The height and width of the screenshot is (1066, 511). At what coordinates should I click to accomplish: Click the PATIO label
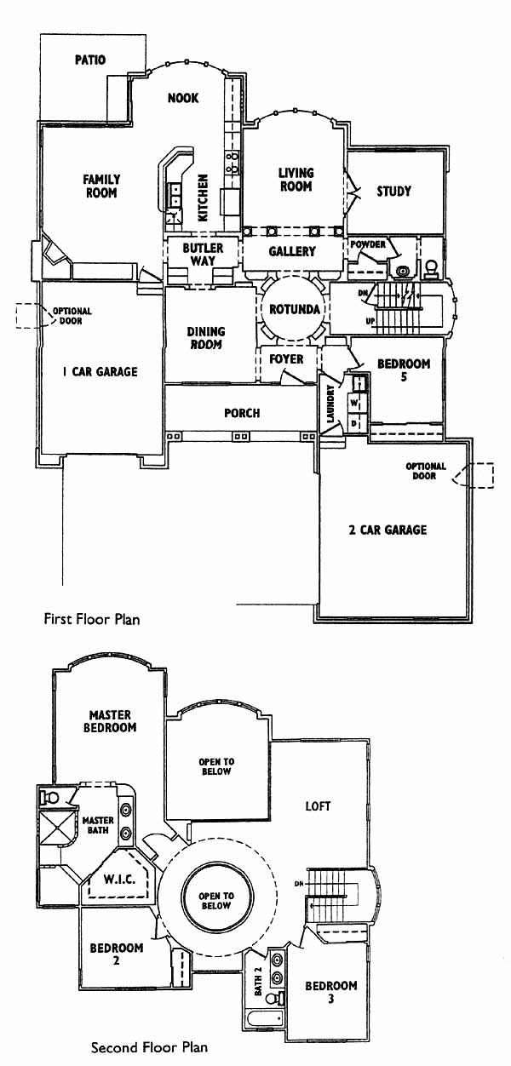click(x=90, y=60)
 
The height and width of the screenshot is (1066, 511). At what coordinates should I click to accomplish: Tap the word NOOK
click(x=183, y=98)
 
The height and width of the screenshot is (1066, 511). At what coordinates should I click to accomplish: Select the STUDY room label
click(x=393, y=192)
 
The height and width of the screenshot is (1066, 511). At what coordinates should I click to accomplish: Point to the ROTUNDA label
click(x=295, y=309)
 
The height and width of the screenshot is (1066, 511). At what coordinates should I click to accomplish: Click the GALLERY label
click(x=292, y=251)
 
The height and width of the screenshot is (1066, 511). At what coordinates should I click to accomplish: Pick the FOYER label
click(x=286, y=358)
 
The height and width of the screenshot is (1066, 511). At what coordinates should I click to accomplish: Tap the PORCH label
click(x=242, y=413)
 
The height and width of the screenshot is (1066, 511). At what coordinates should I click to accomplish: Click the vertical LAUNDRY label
click(x=331, y=404)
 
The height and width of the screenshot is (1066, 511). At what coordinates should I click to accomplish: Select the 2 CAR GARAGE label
click(x=388, y=530)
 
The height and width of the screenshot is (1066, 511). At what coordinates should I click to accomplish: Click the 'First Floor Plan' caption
click(x=92, y=619)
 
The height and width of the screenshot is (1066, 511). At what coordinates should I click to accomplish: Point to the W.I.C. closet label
click(x=119, y=879)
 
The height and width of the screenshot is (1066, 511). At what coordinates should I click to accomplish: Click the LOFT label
click(x=318, y=806)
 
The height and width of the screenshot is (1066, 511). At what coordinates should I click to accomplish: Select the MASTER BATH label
click(x=98, y=826)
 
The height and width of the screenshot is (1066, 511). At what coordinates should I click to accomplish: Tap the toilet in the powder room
click(x=432, y=268)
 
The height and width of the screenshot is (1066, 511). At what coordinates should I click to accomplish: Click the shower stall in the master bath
click(x=57, y=828)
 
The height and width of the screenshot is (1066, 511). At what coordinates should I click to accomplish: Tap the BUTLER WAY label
click(x=203, y=254)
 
